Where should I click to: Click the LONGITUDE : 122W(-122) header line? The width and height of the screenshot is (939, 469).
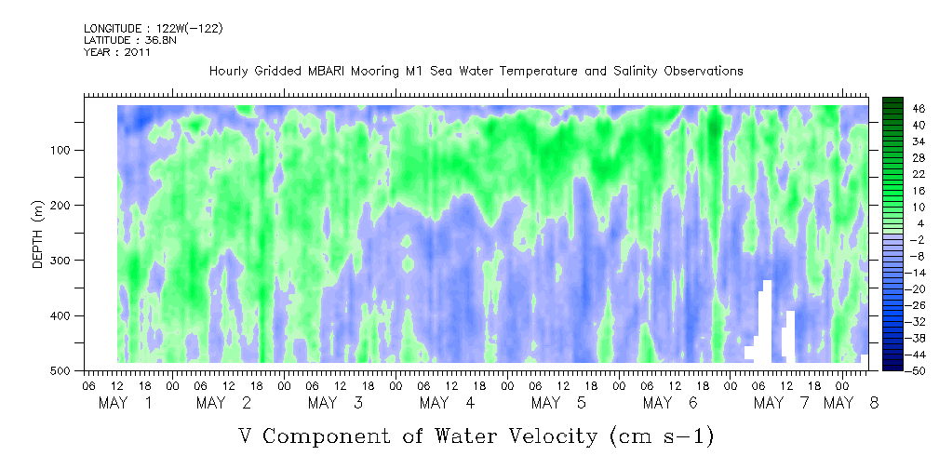(154, 28)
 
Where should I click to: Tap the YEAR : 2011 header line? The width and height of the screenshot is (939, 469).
(117, 52)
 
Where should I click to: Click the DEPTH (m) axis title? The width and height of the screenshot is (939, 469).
(38, 237)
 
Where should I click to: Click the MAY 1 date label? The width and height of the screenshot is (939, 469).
(126, 403)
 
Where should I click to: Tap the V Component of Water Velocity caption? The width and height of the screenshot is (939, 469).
(476, 435)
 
